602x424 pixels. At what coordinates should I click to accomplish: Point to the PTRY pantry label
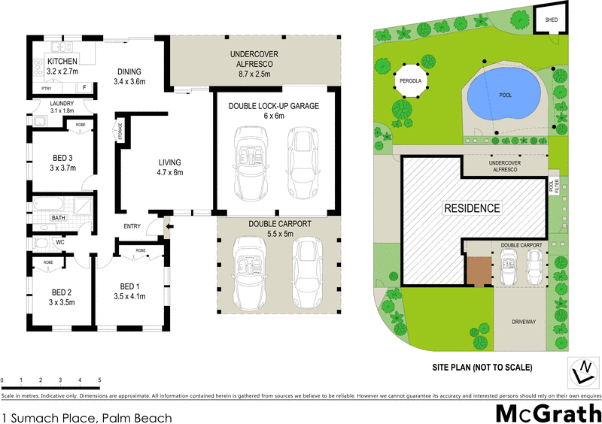[x=47, y=89]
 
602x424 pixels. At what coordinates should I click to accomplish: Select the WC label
[x=60, y=242]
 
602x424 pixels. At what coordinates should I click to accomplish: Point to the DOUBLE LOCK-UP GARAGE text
[x=274, y=106]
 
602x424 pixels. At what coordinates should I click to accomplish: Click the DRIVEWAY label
[x=522, y=322]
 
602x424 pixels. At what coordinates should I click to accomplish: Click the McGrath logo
[x=547, y=412]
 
